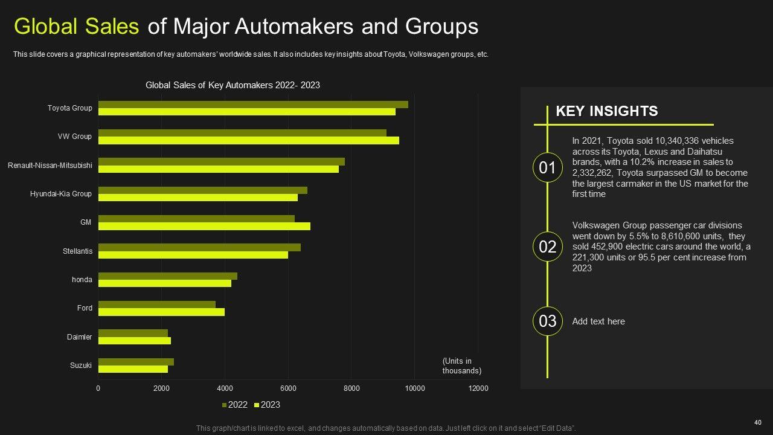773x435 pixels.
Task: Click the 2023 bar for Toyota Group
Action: [x=246, y=112]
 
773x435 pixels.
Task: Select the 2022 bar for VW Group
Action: [x=242, y=133]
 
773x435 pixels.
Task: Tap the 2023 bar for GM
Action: [x=204, y=226]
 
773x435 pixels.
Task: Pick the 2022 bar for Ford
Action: [x=157, y=304]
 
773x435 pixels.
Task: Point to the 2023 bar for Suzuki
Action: [x=133, y=369]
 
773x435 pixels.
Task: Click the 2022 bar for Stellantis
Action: [x=199, y=247]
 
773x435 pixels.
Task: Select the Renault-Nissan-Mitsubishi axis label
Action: [x=50, y=165]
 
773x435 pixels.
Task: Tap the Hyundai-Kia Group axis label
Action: [x=61, y=194]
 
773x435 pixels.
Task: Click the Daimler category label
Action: [x=79, y=337]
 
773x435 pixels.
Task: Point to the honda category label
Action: [x=82, y=280]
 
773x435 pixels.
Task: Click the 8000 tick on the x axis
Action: [x=351, y=388]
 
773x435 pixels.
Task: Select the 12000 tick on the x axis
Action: [x=478, y=388]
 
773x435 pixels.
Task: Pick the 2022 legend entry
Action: [x=236, y=405]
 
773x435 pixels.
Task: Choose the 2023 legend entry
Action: [x=267, y=405]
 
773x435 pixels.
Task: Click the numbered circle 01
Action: [x=547, y=167]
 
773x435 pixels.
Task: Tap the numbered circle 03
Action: [x=547, y=321]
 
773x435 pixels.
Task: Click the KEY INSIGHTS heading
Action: [x=606, y=111]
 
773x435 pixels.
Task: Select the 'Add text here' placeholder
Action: [x=598, y=321]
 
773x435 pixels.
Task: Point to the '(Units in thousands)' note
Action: [x=462, y=366]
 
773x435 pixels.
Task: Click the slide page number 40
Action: [x=758, y=422]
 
